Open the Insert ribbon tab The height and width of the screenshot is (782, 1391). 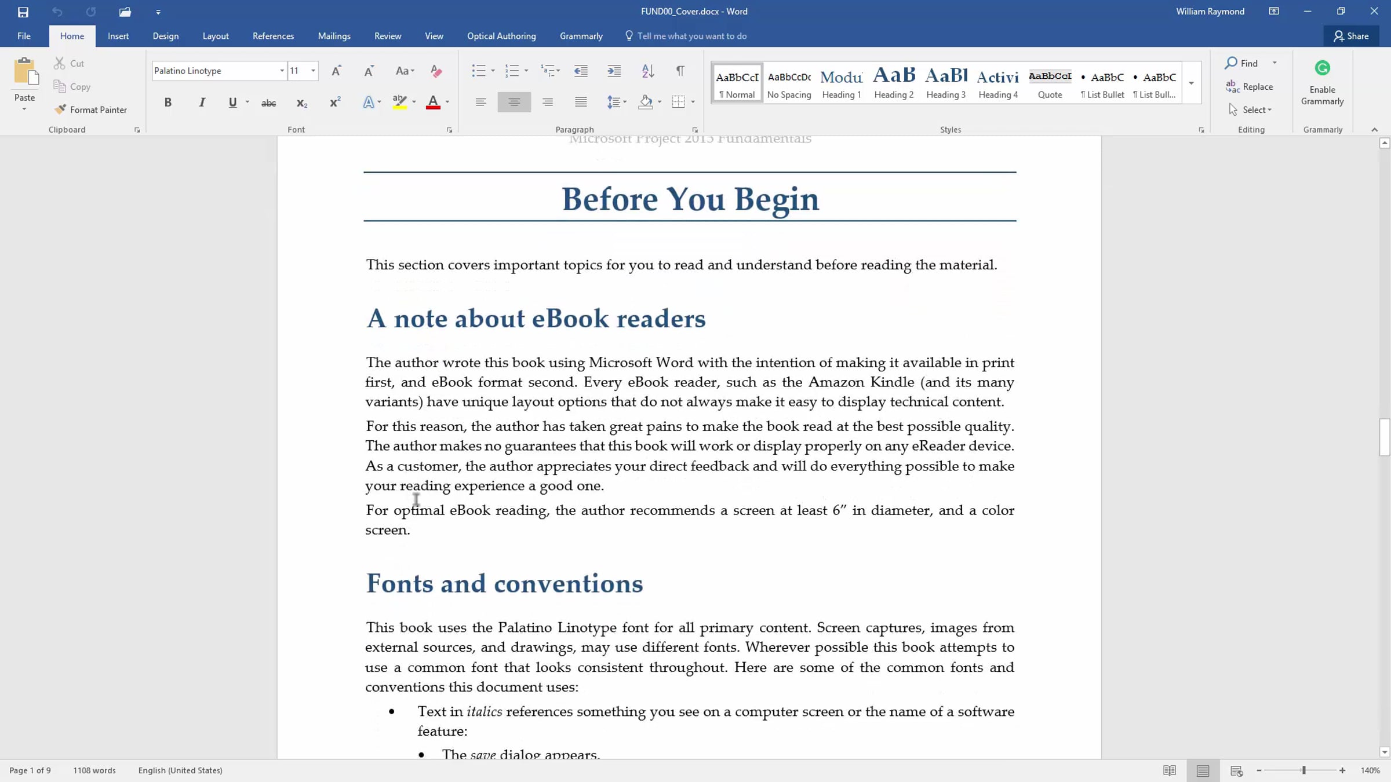click(118, 36)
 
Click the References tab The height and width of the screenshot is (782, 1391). click(273, 36)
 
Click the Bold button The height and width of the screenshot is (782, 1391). click(167, 103)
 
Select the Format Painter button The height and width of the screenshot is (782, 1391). click(91, 109)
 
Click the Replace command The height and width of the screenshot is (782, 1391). click(1250, 87)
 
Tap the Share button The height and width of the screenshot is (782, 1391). click(1351, 36)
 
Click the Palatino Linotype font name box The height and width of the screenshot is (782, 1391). click(214, 71)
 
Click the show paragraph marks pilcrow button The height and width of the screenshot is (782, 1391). click(680, 71)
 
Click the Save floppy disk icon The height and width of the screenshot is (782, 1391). click(23, 12)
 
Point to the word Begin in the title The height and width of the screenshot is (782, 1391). click(777, 199)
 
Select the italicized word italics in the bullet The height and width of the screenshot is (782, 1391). click(484, 712)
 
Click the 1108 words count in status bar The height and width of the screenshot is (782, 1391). click(94, 770)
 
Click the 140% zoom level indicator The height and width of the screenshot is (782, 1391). click(1370, 770)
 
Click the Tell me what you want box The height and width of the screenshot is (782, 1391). click(691, 36)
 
